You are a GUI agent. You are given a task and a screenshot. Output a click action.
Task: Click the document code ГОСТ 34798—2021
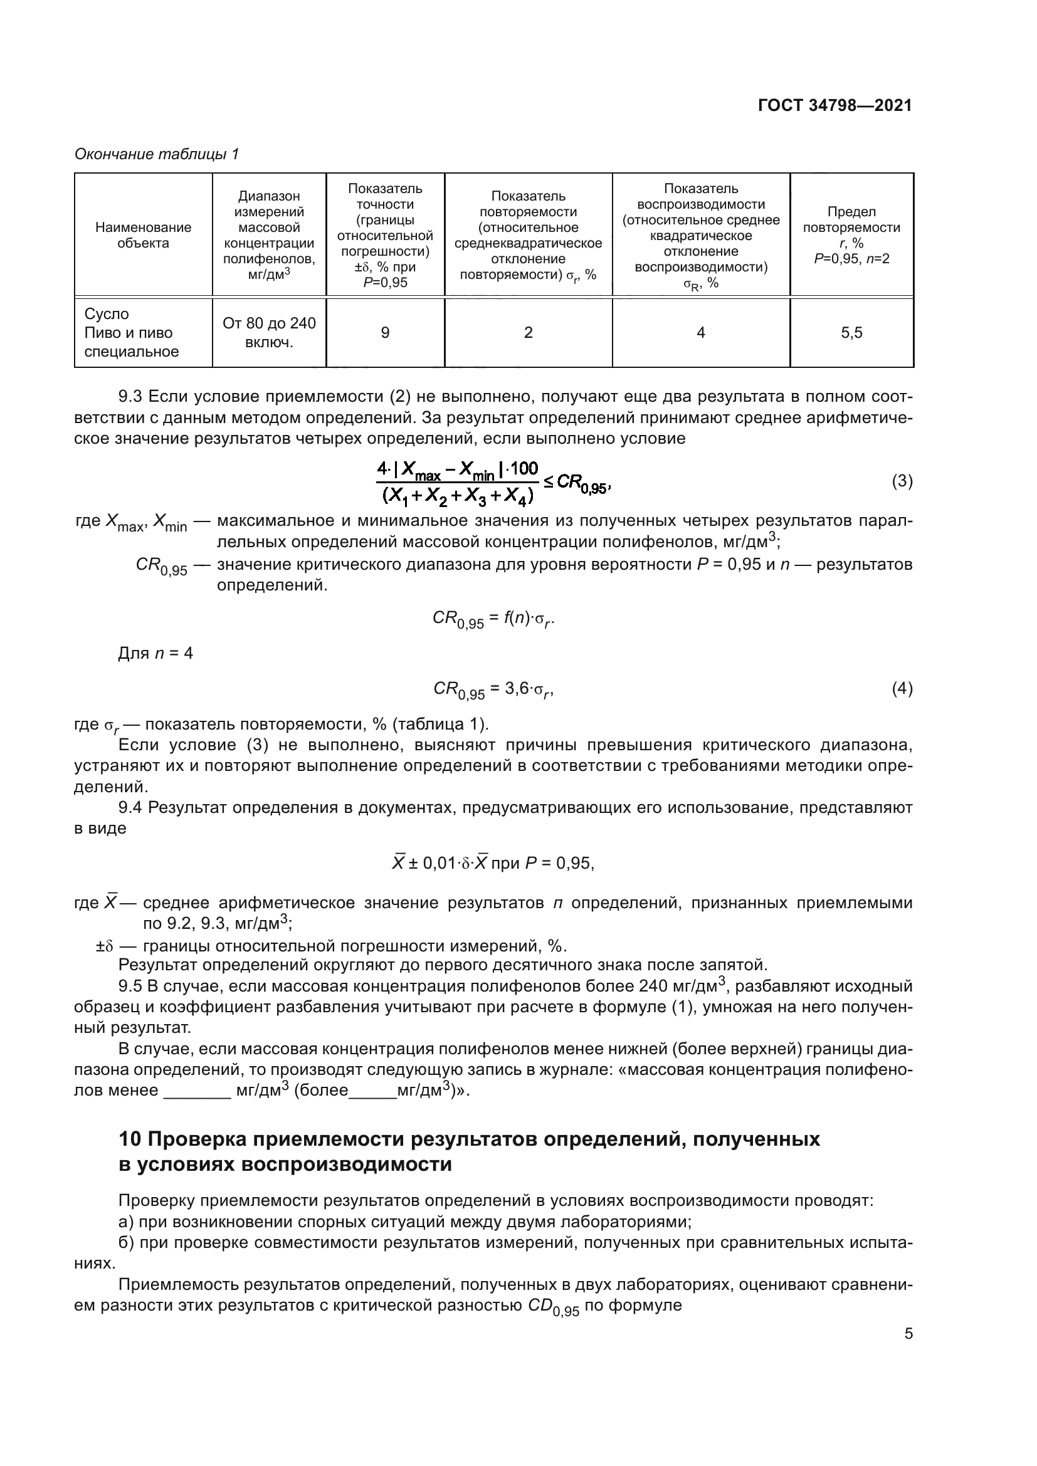click(x=834, y=105)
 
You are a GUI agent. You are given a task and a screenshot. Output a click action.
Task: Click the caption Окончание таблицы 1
click(x=157, y=154)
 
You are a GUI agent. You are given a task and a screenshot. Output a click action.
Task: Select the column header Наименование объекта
click(x=143, y=235)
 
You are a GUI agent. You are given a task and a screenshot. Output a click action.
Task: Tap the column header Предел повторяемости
click(x=851, y=234)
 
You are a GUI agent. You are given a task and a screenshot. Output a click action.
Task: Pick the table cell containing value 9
click(x=385, y=333)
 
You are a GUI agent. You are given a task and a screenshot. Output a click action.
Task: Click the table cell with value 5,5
click(x=851, y=333)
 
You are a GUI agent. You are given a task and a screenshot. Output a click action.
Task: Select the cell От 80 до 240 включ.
click(x=269, y=333)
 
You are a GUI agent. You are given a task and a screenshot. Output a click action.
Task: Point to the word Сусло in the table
click(x=107, y=314)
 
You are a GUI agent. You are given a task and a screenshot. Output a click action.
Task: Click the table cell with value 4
click(x=700, y=333)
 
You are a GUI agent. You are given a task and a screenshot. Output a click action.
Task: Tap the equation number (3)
click(x=902, y=481)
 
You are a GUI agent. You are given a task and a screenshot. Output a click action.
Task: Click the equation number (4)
click(x=902, y=688)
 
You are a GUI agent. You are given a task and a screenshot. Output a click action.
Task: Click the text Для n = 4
click(x=155, y=653)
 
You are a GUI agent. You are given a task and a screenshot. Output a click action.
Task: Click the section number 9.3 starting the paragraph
click(x=130, y=397)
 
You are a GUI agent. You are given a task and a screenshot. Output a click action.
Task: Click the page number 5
click(x=908, y=1334)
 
